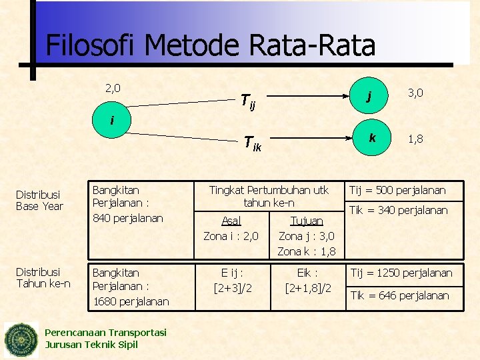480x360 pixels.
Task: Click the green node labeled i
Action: pyautogui.click(x=111, y=121)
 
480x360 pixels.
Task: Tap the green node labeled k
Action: pyautogui.click(x=372, y=138)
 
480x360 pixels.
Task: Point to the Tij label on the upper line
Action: pyautogui.click(x=247, y=101)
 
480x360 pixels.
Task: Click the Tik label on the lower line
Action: pyautogui.click(x=252, y=143)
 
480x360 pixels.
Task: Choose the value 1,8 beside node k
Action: pyautogui.click(x=415, y=139)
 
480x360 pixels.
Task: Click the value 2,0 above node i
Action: pyautogui.click(x=113, y=87)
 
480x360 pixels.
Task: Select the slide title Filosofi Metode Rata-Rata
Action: pyautogui.click(x=211, y=45)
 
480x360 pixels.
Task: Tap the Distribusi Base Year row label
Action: pyautogui.click(x=39, y=200)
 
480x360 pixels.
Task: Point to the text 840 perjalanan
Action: pyautogui.click(x=127, y=218)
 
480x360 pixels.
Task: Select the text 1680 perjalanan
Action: pyautogui.click(x=131, y=301)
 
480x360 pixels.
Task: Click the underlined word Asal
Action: pyautogui.click(x=231, y=221)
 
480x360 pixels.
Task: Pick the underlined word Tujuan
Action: pyautogui.click(x=307, y=221)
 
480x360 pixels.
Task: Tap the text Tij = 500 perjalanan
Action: pyautogui.click(x=398, y=190)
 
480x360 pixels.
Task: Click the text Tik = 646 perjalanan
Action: pyautogui.click(x=400, y=295)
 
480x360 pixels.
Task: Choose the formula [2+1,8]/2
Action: pyautogui.click(x=308, y=287)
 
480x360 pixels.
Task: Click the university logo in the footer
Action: pyautogui.click(x=22, y=340)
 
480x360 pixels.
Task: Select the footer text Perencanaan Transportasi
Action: pyautogui.click(x=105, y=333)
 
